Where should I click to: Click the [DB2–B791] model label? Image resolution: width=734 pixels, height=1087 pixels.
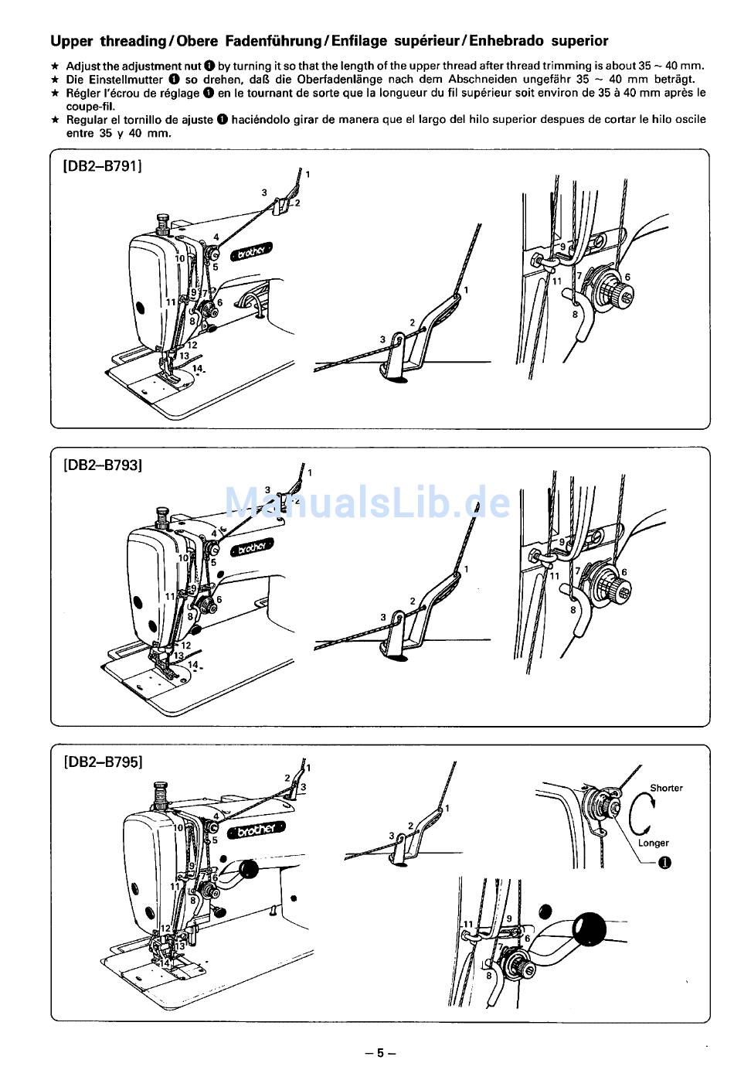click(102, 165)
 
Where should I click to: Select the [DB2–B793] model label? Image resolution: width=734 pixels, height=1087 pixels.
click(102, 465)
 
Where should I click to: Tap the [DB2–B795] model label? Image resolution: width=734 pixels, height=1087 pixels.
click(102, 762)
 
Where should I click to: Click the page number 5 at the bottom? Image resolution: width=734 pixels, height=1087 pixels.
click(379, 1052)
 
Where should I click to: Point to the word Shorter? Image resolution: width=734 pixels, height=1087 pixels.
click(666, 788)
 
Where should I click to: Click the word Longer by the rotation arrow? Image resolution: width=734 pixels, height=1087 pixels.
click(653, 843)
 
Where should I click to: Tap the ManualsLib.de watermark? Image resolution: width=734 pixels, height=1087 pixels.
click(367, 503)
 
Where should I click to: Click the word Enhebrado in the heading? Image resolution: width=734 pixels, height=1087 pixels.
click(506, 41)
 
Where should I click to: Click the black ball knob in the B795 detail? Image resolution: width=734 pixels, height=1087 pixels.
click(591, 927)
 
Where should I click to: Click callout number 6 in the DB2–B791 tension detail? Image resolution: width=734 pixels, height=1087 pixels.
click(627, 277)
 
